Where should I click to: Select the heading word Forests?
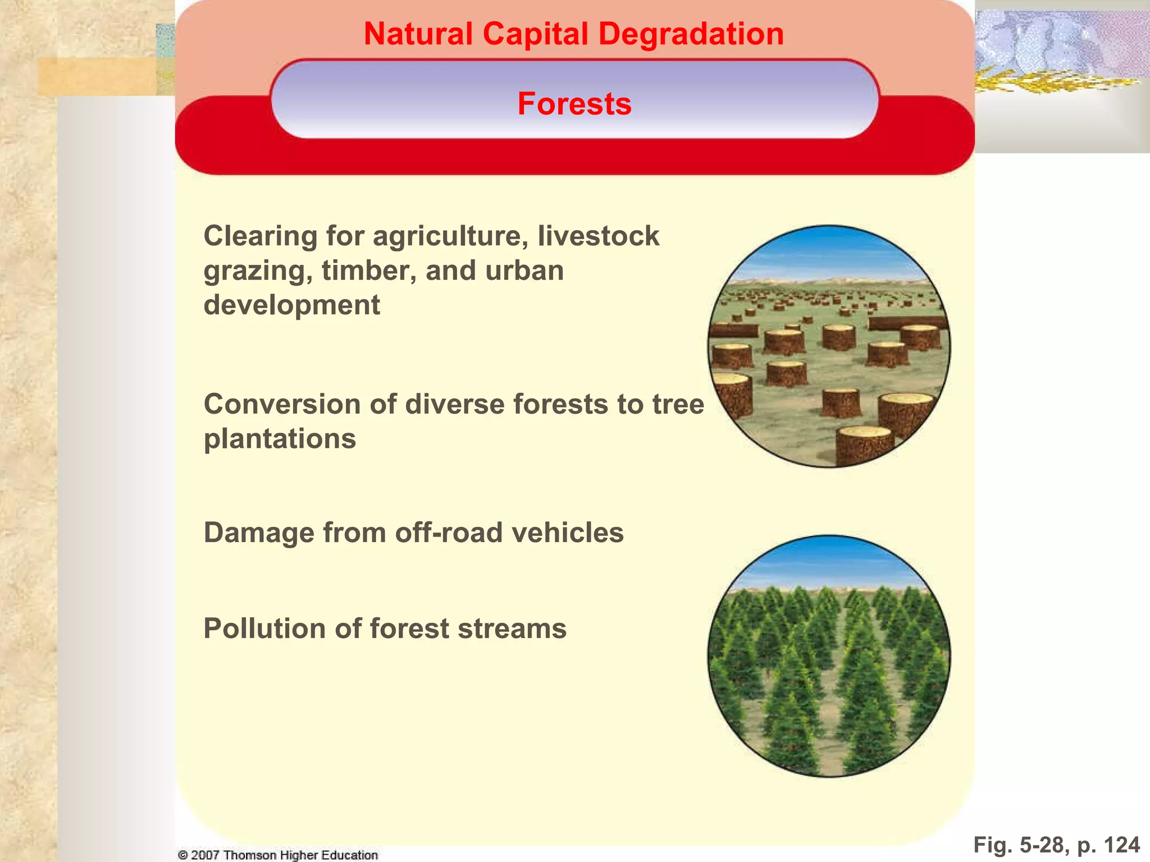pyautogui.click(x=574, y=104)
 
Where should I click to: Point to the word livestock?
pyautogui.click(x=598, y=236)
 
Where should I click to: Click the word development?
pyautogui.click(x=291, y=305)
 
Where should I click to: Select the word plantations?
pyautogui.click(x=280, y=439)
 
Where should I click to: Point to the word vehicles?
pyautogui.click(x=568, y=533)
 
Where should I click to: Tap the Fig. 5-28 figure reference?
pyautogui.click(x=1020, y=845)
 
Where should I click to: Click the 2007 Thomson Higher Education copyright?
pyautogui.click(x=278, y=855)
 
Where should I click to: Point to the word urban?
pyautogui.click(x=524, y=271)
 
